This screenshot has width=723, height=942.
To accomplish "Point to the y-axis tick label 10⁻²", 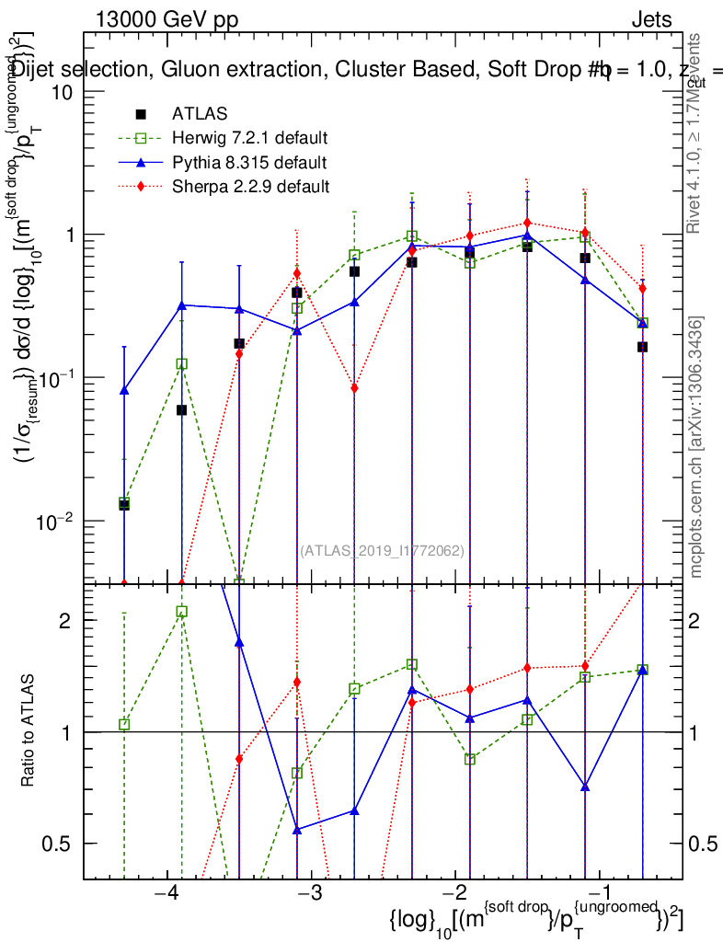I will pyautogui.click(x=57, y=521).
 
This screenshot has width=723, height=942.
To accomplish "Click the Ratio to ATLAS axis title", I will pyautogui.click(x=29, y=730).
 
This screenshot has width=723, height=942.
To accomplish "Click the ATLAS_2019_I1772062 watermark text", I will pyautogui.click(x=382, y=551).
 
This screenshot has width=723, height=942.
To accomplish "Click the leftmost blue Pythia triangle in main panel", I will pyautogui.click(x=124, y=390).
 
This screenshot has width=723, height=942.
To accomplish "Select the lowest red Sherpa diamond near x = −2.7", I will pyautogui.click(x=354, y=388).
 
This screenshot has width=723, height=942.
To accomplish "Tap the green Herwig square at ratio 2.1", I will pyautogui.click(x=181, y=612).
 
